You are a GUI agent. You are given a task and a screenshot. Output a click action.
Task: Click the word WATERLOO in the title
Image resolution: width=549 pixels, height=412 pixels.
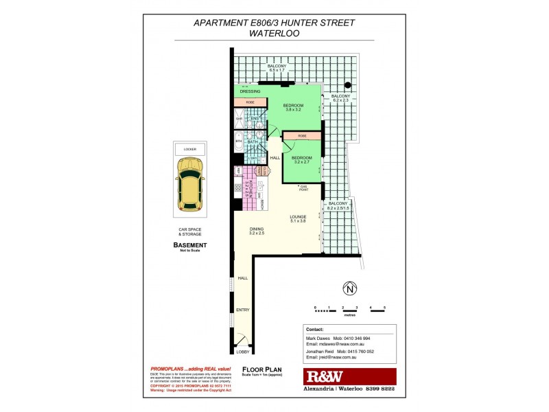274,32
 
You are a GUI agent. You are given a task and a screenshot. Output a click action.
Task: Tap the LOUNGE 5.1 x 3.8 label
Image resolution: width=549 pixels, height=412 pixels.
297,219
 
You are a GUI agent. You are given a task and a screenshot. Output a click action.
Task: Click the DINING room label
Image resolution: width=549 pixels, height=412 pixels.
257,231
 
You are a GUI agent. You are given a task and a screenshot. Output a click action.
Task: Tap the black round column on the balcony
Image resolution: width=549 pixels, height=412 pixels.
349,85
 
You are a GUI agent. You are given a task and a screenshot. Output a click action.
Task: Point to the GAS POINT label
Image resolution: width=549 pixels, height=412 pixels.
302,188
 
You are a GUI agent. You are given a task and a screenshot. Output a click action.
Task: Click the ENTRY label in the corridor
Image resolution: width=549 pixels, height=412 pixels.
243,310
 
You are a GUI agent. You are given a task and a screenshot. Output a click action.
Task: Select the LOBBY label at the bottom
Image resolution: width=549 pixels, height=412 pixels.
243,352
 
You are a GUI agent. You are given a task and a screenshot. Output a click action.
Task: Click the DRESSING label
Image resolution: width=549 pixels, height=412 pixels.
249,91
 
